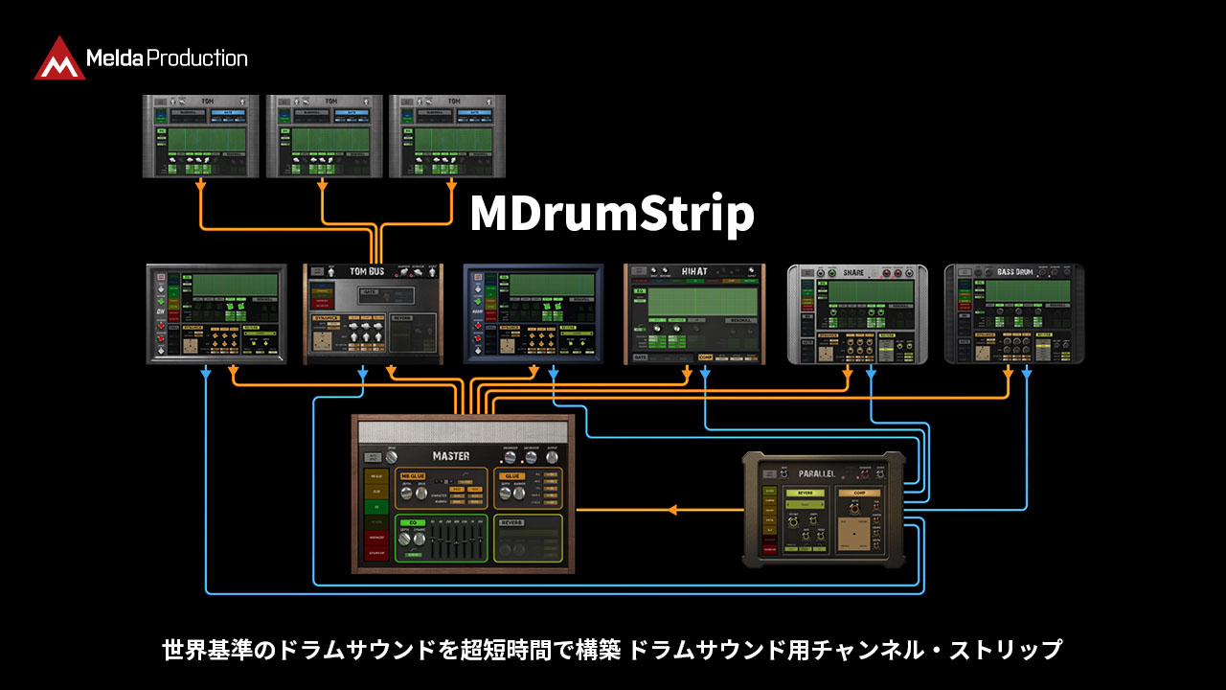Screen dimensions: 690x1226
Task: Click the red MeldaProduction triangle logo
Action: (x=59, y=58)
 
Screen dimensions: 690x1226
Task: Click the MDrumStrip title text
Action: (x=611, y=215)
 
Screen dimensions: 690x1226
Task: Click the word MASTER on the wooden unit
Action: (x=450, y=456)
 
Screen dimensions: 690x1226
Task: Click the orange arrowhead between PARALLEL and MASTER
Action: (x=671, y=510)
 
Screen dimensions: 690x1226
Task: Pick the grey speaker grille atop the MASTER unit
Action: (x=464, y=432)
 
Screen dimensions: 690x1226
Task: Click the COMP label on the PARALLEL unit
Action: (x=858, y=493)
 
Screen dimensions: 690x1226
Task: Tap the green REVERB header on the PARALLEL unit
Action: (x=805, y=493)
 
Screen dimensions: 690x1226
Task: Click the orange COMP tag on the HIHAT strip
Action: (x=706, y=357)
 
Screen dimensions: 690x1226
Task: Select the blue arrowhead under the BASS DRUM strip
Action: (x=1027, y=372)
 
